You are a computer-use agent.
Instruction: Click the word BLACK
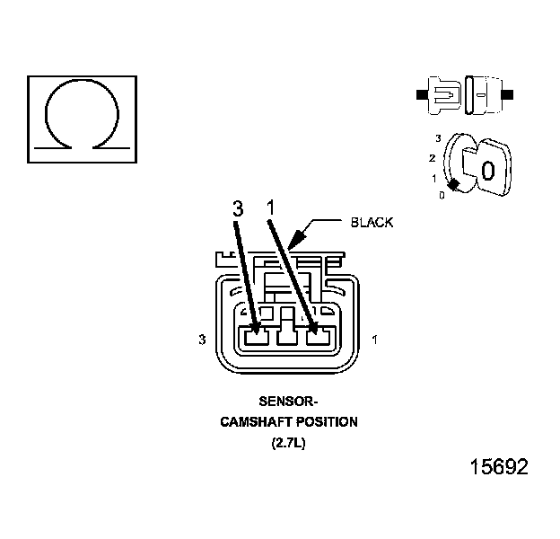pyautogui.click(x=372, y=222)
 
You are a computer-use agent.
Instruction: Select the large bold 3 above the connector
pyautogui.click(x=237, y=209)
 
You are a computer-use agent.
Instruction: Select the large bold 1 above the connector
pyautogui.click(x=270, y=208)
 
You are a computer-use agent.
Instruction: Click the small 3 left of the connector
pyautogui.click(x=203, y=340)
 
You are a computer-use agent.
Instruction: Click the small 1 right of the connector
pyautogui.click(x=373, y=340)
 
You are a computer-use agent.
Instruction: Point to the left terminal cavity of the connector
pyautogui.click(x=257, y=339)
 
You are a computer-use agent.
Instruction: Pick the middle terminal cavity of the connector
pyautogui.click(x=287, y=339)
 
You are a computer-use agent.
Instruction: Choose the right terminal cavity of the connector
pyautogui.click(x=318, y=339)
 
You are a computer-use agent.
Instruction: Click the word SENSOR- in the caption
pyautogui.click(x=288, y=402)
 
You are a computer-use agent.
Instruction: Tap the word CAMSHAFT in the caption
pyautogui.click(x=254, y=422)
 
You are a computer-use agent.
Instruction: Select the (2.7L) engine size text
pyautogui.click(x=288, y=442)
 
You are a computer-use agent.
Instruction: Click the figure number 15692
pyautogui.click(x=499, y=467)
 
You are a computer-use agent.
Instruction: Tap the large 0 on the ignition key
pyautogui.click(x=488, y=170)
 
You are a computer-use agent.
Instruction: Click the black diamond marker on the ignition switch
pyautogui.click(x=454, y=184)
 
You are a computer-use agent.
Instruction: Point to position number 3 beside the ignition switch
pyautogui.click(x=437, y=138)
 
